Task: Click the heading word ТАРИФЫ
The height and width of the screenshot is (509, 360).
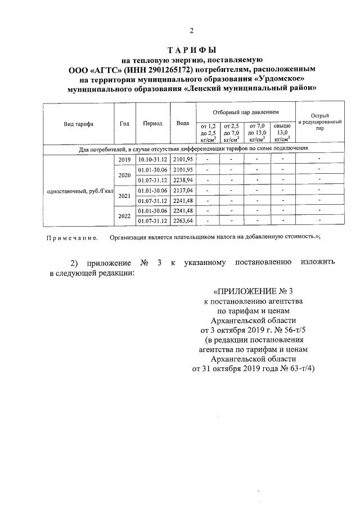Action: [x=192, y=51]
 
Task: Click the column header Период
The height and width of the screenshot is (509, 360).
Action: [x=152, y=124]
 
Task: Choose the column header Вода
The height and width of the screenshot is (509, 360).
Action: [x=182, y=123]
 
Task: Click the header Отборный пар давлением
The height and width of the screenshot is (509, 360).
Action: [x=245, y=112]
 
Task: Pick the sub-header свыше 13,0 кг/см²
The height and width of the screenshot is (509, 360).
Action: [x=282, y=133]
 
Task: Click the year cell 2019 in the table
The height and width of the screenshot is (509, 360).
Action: [x=124, y=160]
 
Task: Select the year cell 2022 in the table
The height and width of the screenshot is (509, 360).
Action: [x=124, y=215]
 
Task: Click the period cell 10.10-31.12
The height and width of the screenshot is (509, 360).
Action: [x=152, y=160]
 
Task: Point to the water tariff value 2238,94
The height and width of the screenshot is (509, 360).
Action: [x=183, y=180]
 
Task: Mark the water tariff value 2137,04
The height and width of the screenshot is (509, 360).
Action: [x=183, y=191]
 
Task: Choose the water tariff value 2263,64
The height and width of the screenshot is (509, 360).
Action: [x=183, y=220]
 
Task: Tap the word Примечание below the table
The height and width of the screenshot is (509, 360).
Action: [x=71, y=238]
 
